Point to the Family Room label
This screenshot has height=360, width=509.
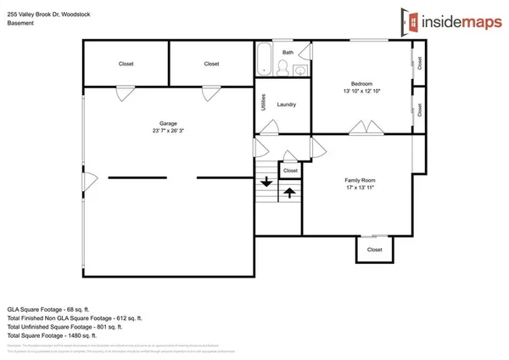tap(360, 180)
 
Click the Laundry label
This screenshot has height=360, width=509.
tap(286, 104)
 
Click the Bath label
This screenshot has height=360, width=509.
tap(288, 53)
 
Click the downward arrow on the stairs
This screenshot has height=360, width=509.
tap(266, 181)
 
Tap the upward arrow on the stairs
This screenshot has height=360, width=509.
tap(288, 192)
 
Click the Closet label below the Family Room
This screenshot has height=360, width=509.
tap(374, 250)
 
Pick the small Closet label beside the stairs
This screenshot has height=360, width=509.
tap(290, 171)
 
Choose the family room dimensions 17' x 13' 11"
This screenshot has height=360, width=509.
tap(360, 188)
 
